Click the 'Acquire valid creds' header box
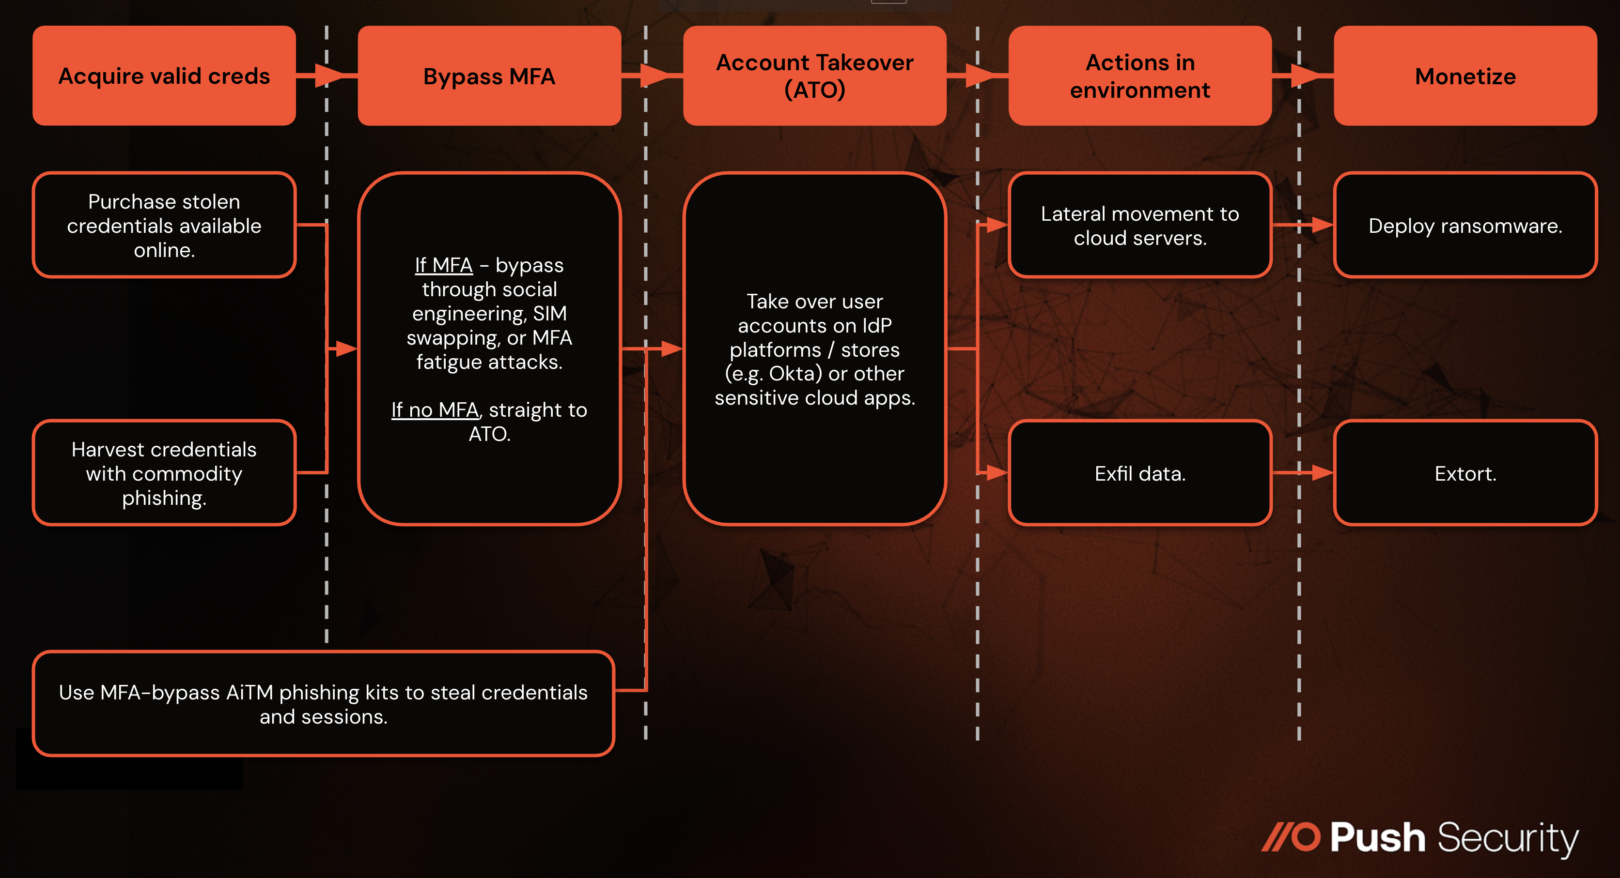pos(164,76)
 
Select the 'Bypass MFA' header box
pos(489,76)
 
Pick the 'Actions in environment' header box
pos(1139,76)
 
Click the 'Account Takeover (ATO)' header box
pos(814,76)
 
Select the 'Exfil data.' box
pos(1139,472)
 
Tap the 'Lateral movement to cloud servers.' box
pos(1139,225)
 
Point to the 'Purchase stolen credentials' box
pos(164,225)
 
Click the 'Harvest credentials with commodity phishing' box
pos(164,472)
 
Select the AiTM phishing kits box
pos(323,703)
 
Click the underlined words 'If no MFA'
pos(435,410)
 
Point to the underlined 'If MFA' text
pos(443,265)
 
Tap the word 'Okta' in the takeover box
pos(795,374)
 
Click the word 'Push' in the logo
pos(1377,838)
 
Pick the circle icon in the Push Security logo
pos(1306,837)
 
